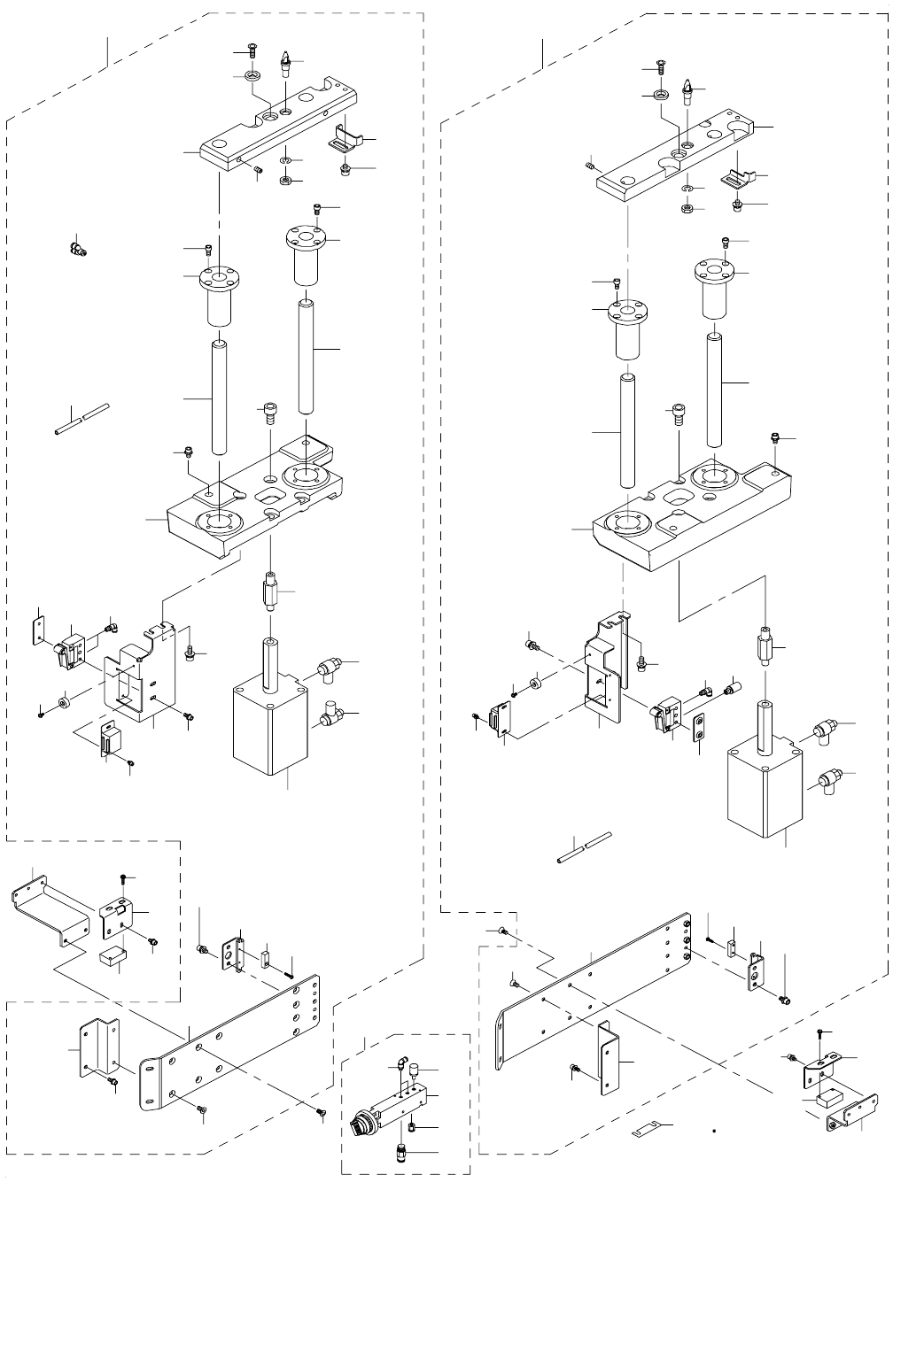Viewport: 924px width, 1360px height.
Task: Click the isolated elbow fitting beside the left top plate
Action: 75,248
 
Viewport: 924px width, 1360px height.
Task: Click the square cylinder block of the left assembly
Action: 265,728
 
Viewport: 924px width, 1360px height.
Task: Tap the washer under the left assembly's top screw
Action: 252,75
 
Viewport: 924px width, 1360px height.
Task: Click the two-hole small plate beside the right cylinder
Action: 701,727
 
